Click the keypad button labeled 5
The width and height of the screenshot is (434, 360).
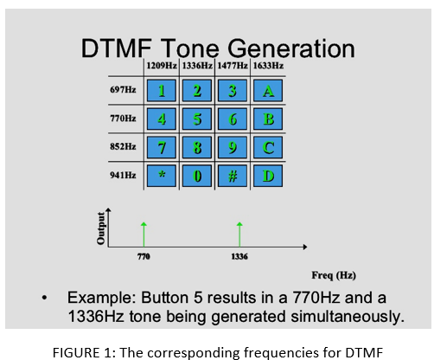[197, 119]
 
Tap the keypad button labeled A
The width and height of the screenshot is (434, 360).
[268, 91]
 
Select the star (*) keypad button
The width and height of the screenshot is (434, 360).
[162, 176]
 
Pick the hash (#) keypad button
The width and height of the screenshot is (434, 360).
[233, 176]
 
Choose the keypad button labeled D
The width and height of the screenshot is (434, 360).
[268, 176]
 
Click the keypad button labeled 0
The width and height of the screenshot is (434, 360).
[197, 176]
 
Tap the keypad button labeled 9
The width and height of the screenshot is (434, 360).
[233, 147]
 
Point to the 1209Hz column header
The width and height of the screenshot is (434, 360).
[162, 66]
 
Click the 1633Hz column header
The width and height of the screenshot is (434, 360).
[268, 66]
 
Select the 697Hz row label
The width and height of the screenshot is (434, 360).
[123, 90]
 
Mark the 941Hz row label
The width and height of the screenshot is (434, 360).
[123, 175]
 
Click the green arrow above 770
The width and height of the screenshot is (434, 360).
[144, 235]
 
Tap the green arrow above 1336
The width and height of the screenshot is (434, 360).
[239, 235]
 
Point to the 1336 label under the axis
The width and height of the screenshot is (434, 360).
[239, 256]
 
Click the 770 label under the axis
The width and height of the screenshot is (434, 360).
[144, 256]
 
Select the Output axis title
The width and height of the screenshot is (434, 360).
[101, 228]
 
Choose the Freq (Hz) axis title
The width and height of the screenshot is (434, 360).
[334, 275]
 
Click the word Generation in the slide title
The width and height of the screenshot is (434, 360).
[291, 48]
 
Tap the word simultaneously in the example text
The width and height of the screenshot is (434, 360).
[348, 317]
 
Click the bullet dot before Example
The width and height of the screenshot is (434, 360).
[44, 298]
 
